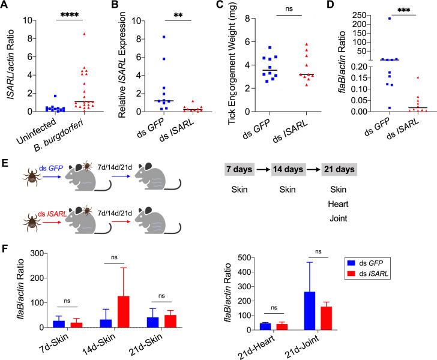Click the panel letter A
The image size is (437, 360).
tap(5, 5)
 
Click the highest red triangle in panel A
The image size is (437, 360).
tap(84, 34)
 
